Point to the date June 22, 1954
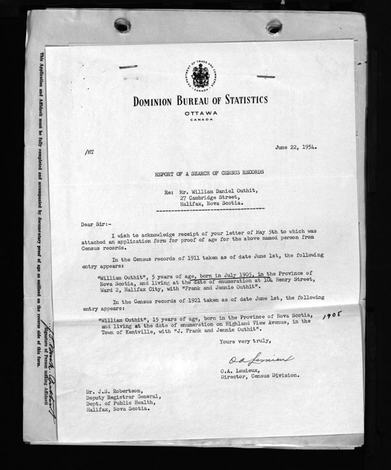296,147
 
